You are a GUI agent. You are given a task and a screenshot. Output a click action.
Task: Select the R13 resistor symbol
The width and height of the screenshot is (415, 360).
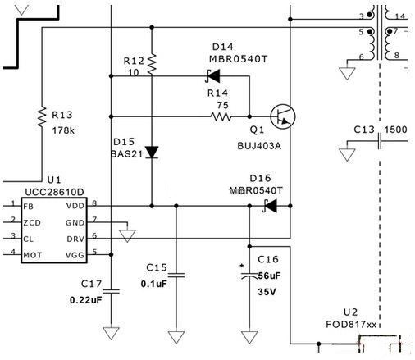[42, 116]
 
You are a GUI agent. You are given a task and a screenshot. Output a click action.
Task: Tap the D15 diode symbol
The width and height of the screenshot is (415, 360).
[152, 151]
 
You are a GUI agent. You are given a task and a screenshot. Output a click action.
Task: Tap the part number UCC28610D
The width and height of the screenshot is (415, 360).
[34, 189]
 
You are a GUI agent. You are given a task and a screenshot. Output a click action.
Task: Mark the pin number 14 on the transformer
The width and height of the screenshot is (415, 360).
[399, 16]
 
